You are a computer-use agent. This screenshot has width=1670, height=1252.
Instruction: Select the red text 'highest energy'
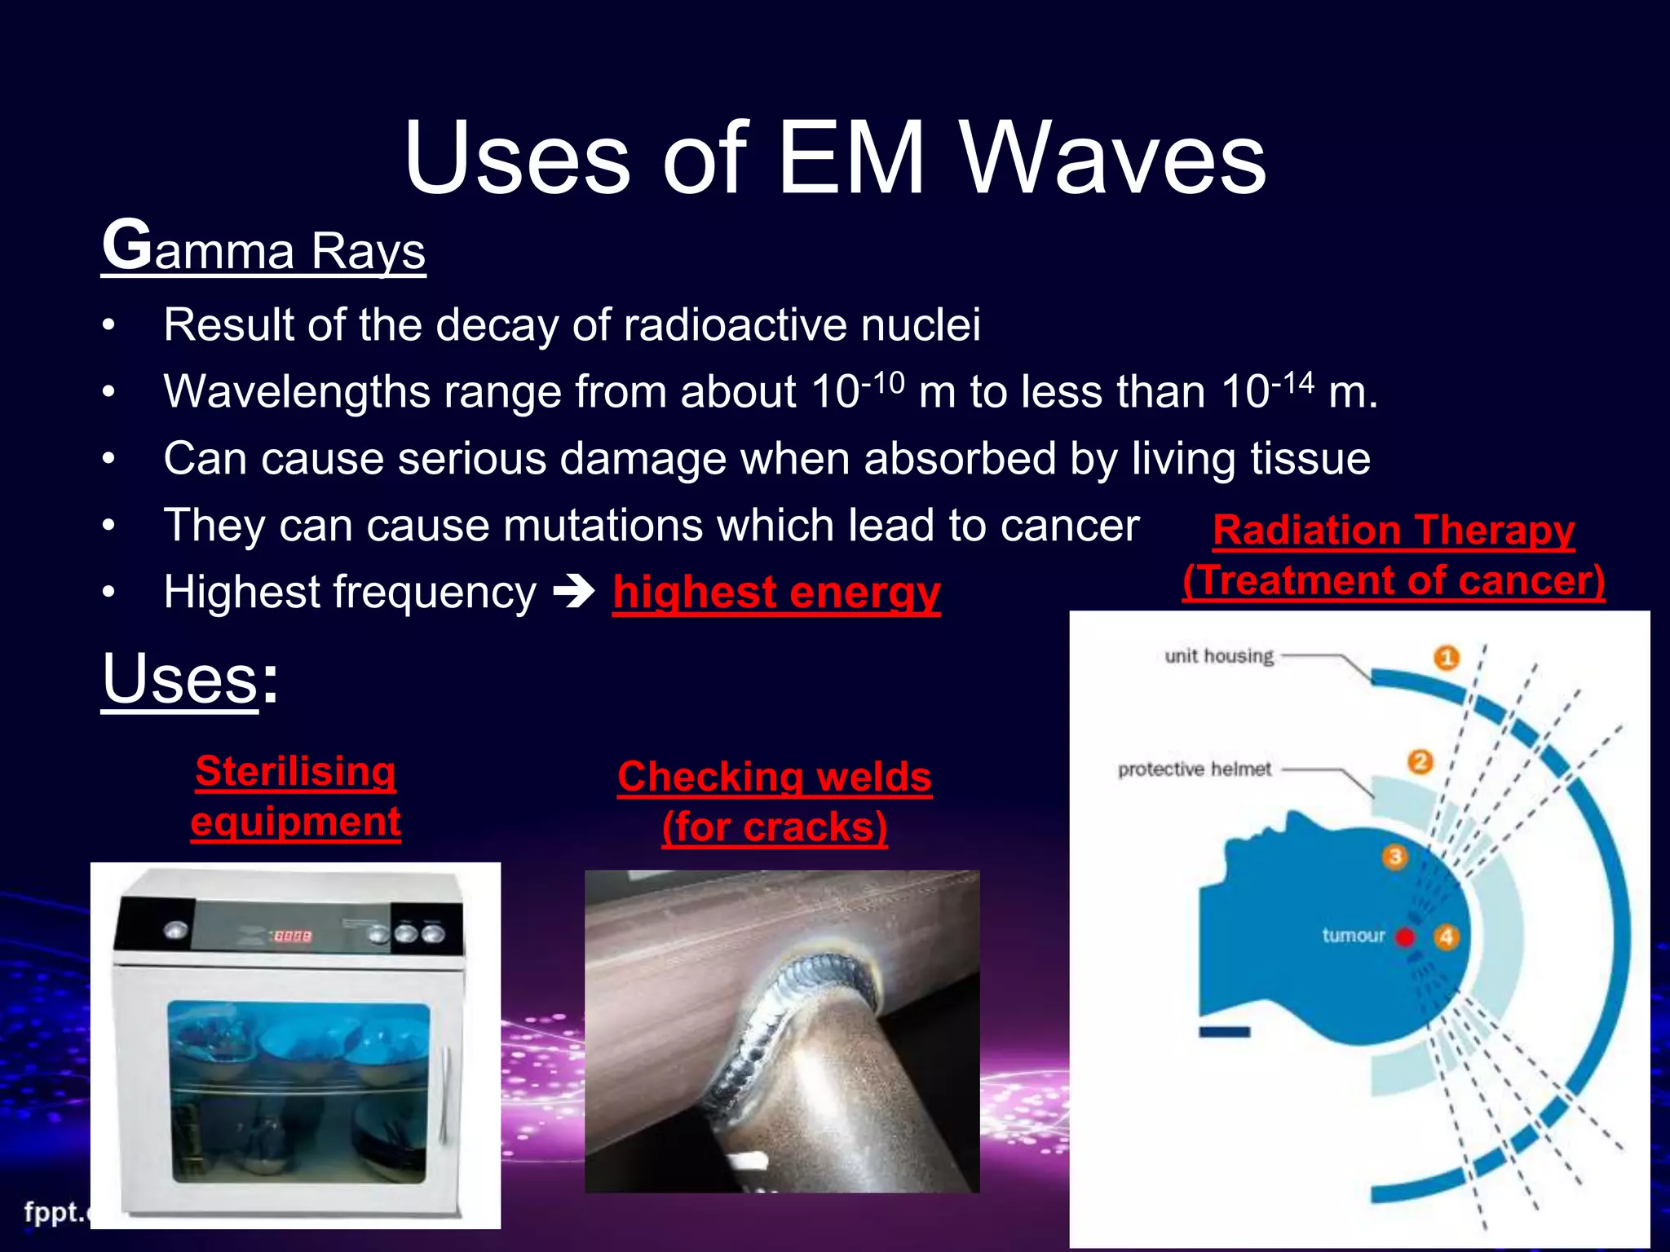pyautogui.click(x=776, y=592)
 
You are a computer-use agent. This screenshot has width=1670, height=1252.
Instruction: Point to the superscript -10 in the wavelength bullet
pyautogui.click(x=884, y=381)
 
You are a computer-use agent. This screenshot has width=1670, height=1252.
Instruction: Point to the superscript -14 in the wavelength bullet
pyautogui.click(x=1293, y=381)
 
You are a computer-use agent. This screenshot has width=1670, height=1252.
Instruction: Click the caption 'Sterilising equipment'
pyautogui.click(x=295, y=796)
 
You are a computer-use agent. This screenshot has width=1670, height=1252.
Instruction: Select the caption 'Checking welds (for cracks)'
pyautogui.click(x=775, y=801)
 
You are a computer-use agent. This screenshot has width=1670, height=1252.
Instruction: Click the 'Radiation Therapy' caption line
pyautogui.click(x=1393, y=530)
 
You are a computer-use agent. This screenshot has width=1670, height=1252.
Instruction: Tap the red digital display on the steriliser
pyautogui.click(x=292, y=937)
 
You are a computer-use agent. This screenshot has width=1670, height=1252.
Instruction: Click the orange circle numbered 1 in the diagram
pyautogui.click(x=1447, y=657)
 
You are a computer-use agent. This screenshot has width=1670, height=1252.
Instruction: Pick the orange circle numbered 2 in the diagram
pyautogui.click(x=1420, y=762)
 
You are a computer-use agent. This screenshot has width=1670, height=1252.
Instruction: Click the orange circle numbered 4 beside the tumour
pyautogui.click(x=1446, y=937)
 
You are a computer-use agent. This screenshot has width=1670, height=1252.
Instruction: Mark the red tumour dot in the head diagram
pyautogui.click(x=1405, y=937)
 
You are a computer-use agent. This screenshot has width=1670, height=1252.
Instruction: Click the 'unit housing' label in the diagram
pyautogui.click(x=1218, y=656)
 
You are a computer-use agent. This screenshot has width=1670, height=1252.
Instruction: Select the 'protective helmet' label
pyautogui.click(x=1194, y=769)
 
